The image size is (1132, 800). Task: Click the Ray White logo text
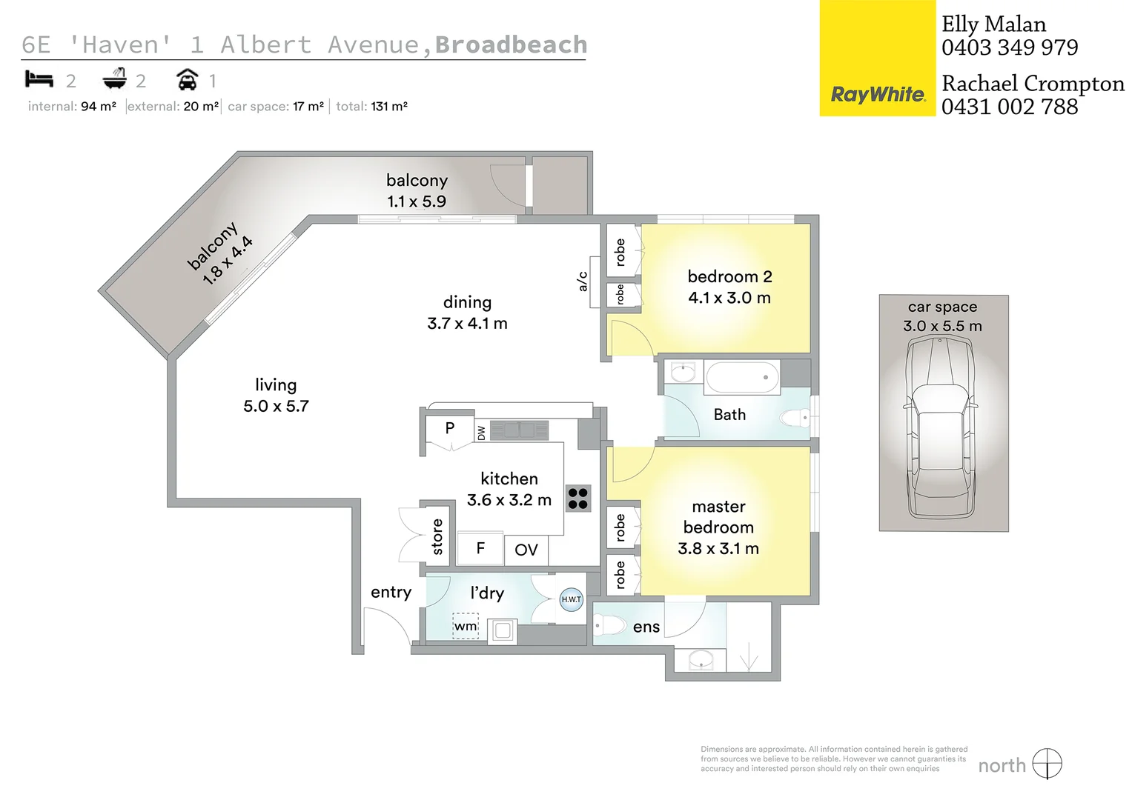(x=878, y=94)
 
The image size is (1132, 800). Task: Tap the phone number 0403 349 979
(x=1010, y=47)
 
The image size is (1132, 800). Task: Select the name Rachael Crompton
(x=1033, y=84)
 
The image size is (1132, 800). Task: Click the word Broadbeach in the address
(x=511, y=44)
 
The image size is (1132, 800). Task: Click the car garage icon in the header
(x=188, y=79)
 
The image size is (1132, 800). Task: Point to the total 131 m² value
(x=389, y=107)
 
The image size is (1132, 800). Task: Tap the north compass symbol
(x=1047, y=764)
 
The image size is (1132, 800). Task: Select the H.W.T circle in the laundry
(x=571, y=599)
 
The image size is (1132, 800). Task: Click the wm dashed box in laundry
(x=466, y=626)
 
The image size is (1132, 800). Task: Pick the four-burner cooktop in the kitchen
(x=577, y=499)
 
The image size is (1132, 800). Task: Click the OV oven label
(x=526, y=550)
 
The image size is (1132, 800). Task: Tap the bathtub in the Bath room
(x=742, y=378)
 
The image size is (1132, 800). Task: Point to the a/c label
(x=583, y=281)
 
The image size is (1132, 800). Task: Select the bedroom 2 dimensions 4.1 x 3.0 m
(x=729, y=298)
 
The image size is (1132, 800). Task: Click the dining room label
(x=467, y=302)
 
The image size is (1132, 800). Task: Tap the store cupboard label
(x=437, y=537)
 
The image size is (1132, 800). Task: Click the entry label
(x=391, y=592)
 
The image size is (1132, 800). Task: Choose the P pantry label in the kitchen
(x=449, y=428)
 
